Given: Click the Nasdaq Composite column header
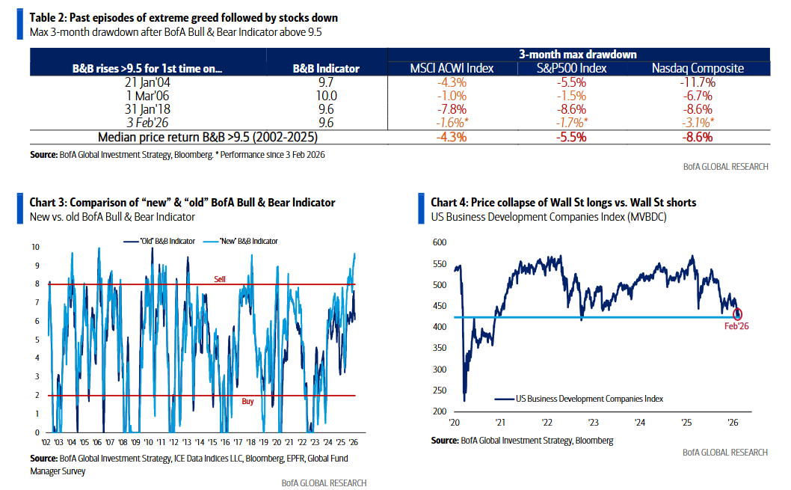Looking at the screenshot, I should [x=698, y=68].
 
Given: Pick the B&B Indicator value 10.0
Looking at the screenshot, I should [x=327, y=96].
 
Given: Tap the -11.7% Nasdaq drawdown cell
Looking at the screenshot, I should [x=698, y=82].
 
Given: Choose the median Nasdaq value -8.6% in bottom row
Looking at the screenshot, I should [x=698, y=137].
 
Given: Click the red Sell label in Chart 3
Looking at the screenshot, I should [x=220, y=278].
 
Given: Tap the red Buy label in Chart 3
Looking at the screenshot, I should [x=247, y=402].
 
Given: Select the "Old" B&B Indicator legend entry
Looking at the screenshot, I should [x=159, y=241].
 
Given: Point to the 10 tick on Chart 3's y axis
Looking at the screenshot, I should [x=35, y=246].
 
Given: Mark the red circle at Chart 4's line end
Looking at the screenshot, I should [x=739, y=315].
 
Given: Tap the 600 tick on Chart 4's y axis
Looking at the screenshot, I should [x=439, y=242].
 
